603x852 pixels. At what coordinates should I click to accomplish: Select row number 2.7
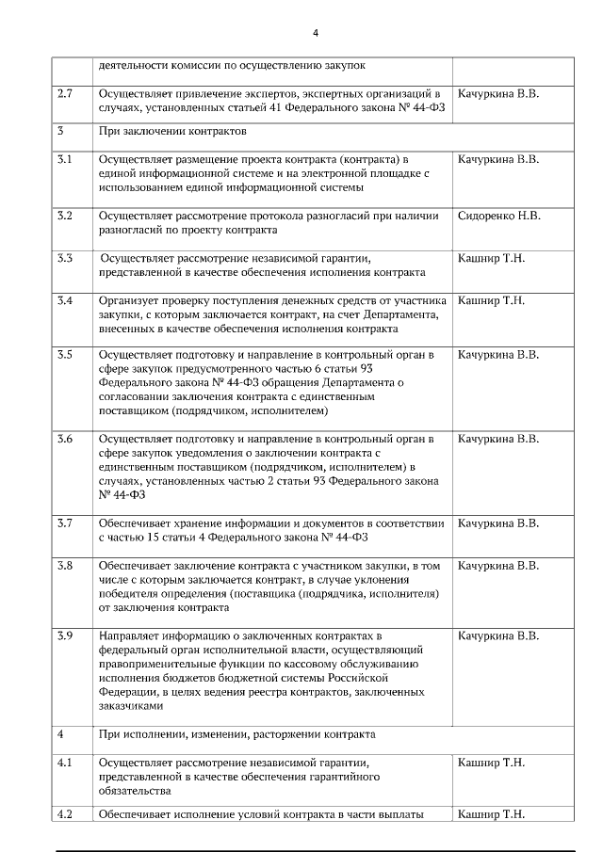click(64, 94)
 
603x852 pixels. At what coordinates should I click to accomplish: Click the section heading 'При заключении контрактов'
click(171, 131)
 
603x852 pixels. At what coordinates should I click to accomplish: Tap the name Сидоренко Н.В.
click(498, 216)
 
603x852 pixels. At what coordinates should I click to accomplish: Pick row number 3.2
click(64, 216)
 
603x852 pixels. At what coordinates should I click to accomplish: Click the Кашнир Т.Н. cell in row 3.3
click(490, 258)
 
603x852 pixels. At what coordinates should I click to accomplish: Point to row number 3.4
click(64, 300)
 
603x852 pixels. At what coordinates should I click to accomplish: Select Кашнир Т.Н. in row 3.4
click(490, 300)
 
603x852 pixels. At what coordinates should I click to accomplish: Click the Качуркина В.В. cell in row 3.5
click(498, 355)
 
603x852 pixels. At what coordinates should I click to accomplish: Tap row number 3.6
click(64, 439)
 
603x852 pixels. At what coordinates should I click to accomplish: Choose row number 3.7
click(64, 522)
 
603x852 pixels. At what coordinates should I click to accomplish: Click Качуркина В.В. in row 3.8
click(498, 565)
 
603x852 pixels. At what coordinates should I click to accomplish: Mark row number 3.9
click(64, 636)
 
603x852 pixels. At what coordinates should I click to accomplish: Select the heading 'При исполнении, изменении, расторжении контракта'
click(236, 733)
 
